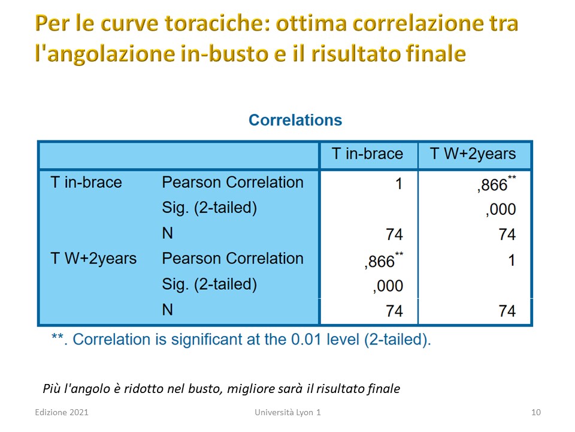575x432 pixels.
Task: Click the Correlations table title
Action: [295, 120]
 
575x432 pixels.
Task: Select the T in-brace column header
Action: [367, 154]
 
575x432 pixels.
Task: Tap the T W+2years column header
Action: [473, 154]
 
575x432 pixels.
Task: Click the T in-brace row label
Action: [86, 182]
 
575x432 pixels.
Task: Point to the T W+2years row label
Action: [93, 259]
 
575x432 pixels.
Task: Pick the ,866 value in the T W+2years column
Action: [497, 184]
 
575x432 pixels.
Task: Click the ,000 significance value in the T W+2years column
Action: [501, 209]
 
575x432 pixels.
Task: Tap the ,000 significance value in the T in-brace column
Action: [388, 286]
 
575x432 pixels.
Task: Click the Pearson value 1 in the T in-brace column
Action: [399, 184]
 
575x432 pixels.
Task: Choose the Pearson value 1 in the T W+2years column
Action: [512, 260]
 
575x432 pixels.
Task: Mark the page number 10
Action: [535, 412]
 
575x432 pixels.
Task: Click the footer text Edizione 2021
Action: [62, 412]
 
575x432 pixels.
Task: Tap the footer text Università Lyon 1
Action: [287, 412]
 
